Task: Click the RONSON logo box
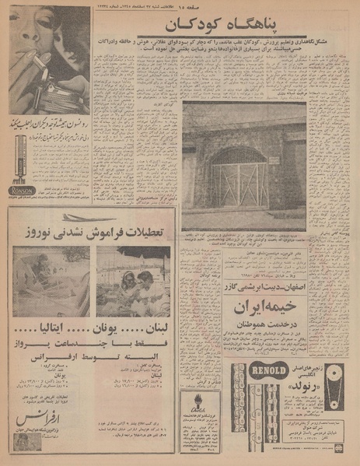pyautogui.click(x=20, y=190)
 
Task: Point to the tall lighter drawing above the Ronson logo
pyautogui.click(x=20, y=156)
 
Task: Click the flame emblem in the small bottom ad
pyautogui.click(x=200, y=405)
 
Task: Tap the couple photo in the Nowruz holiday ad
pyautogui.click(x=132, y=280)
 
